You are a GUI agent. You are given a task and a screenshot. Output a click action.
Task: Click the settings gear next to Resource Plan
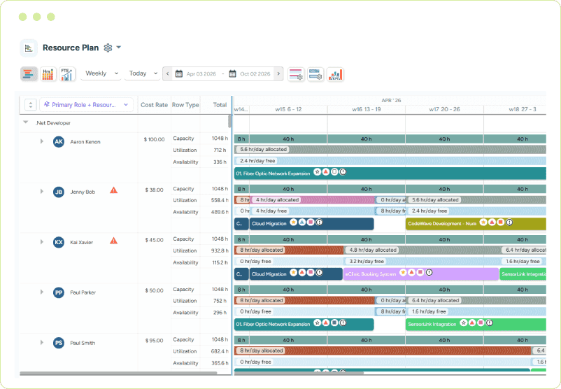(x=108, y=48)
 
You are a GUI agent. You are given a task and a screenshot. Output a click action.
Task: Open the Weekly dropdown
(x=101, y=73)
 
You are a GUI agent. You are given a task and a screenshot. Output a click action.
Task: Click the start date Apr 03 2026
(x=201, y=73)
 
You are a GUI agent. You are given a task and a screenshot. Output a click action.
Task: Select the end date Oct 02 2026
(x=254, y=73)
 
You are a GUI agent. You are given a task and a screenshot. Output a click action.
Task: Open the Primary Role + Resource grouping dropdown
(x=86, y=105)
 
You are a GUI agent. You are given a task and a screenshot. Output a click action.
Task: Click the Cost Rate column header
(x=154, y=105)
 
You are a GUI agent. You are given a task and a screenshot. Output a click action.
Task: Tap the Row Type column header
(x=185, y=105)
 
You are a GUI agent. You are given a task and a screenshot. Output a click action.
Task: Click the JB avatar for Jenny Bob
(x=59, y=192)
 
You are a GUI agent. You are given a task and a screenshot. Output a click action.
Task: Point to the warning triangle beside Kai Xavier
(x=113, y=241)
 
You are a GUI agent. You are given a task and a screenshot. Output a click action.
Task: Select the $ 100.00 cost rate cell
(x=154, y=139)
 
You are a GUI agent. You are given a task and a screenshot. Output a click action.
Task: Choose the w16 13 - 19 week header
(x=367, y=109)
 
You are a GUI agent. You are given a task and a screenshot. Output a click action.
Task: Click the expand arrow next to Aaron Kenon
(x=41, y=142)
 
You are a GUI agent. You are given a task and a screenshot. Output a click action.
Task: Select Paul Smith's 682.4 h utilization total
(x=219, y=351)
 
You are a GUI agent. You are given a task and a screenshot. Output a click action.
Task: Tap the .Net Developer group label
(x=53, y=122)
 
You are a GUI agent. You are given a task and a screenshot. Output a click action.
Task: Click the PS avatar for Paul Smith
(x=59, y=343)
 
